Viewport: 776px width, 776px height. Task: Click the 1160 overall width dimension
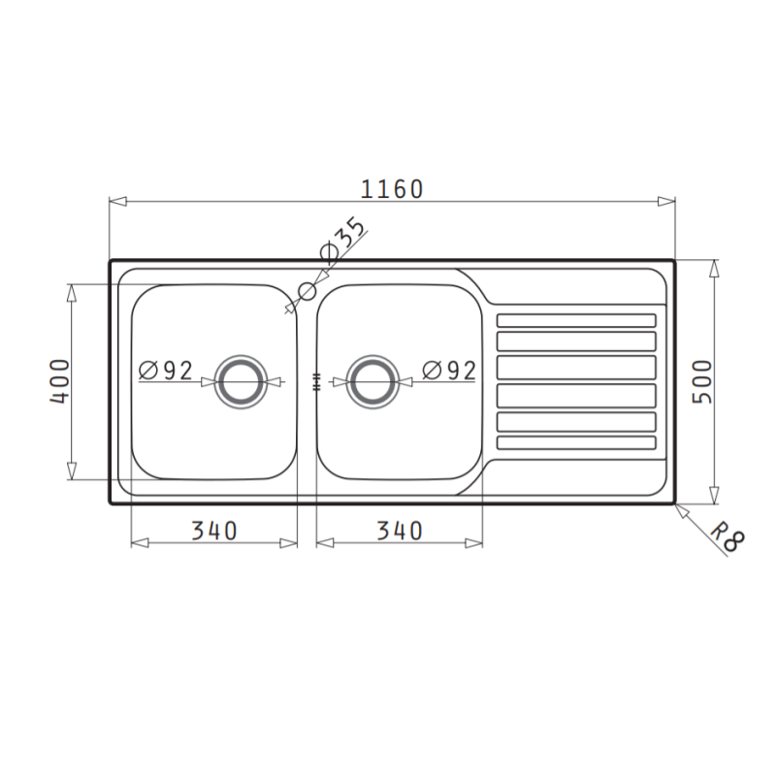392,188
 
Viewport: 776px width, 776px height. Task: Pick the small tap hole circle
307,290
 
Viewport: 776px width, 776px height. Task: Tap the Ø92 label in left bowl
165,370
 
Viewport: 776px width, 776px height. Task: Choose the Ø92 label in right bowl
449,370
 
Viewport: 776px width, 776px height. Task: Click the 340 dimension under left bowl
213,531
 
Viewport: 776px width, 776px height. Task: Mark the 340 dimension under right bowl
399,531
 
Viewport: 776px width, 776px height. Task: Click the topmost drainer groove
576,320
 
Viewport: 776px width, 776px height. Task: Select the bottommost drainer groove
576,442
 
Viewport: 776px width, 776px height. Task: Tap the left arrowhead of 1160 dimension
116,202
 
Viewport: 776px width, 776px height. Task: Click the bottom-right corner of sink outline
673,502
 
